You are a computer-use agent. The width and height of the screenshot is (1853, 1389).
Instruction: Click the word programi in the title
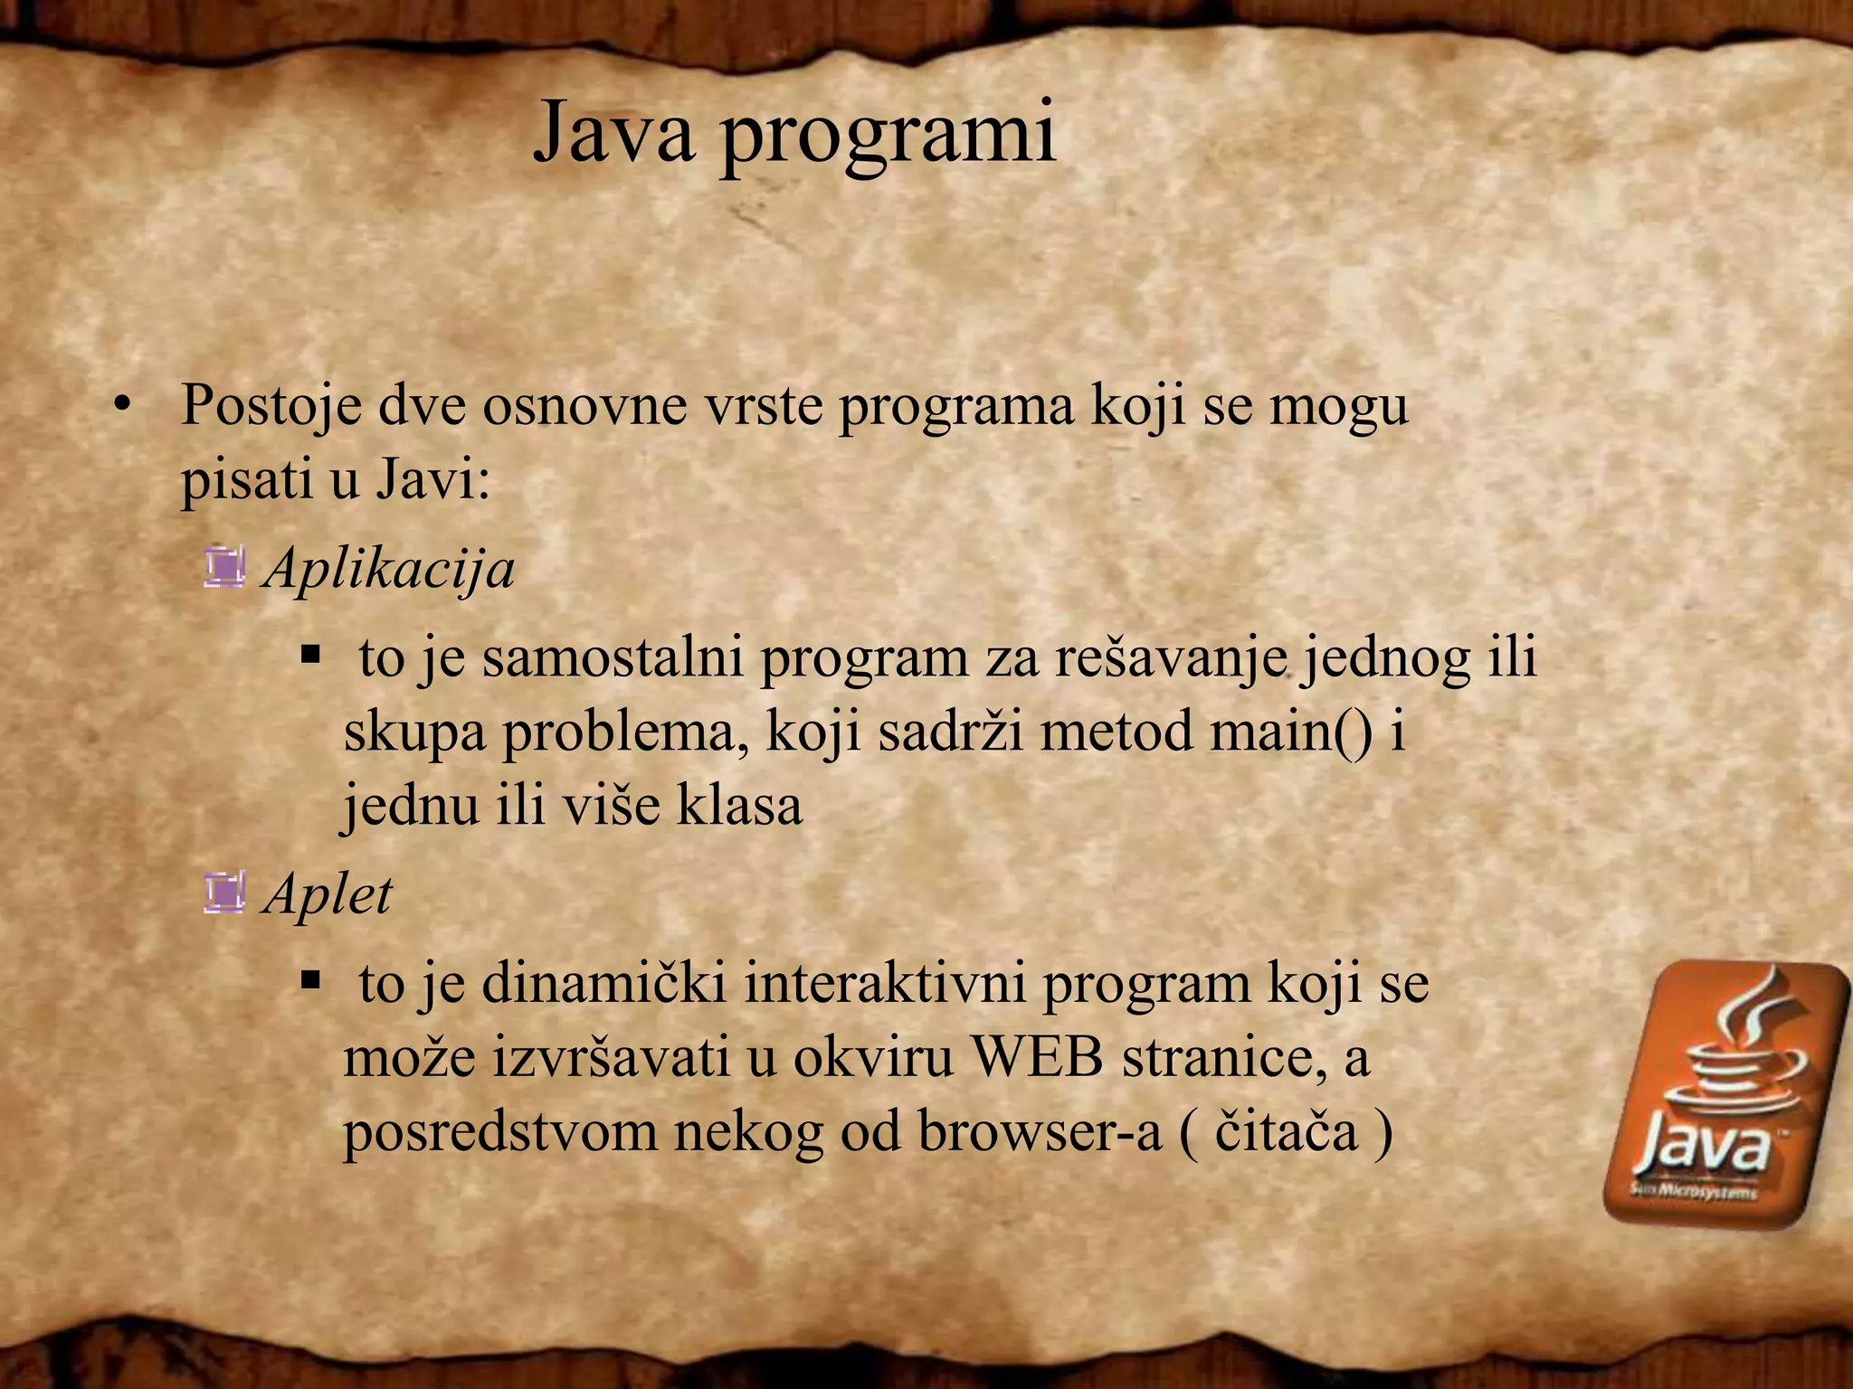pos(888,137)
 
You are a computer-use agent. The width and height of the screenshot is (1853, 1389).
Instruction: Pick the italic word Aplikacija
pos(389,570)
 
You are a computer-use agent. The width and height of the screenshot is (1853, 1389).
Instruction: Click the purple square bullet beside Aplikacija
pos(224,568)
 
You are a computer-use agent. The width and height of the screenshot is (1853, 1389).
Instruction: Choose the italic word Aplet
pos(328,895)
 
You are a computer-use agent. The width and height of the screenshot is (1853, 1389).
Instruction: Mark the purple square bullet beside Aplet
pos(224,893)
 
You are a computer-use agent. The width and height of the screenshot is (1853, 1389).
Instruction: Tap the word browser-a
pos(1040,1132)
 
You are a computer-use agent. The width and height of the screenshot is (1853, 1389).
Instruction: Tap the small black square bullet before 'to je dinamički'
pos(311,978)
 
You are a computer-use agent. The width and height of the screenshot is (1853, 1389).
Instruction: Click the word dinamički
pos(604,983)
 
